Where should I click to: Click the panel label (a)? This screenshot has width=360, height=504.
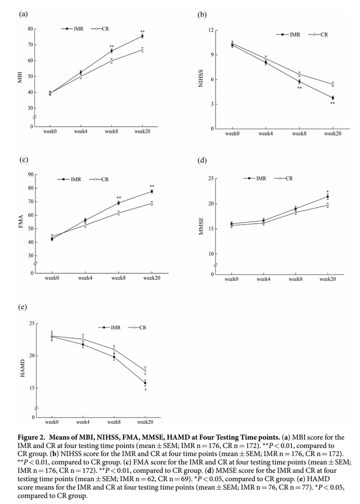22,15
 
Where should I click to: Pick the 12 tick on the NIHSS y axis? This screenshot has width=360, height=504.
211,30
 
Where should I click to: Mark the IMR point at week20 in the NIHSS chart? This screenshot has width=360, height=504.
333,98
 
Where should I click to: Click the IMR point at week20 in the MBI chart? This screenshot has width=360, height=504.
143,36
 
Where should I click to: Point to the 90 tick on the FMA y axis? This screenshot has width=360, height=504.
31,174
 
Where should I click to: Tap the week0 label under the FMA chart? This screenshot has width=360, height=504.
52,278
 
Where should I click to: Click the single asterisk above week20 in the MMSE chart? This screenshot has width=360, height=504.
327,191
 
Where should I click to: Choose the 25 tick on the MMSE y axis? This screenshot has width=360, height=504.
211,179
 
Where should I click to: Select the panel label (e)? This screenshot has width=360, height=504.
22,307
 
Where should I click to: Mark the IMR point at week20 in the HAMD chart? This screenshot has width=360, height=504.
145,383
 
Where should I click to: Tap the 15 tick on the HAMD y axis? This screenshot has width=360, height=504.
31,388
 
